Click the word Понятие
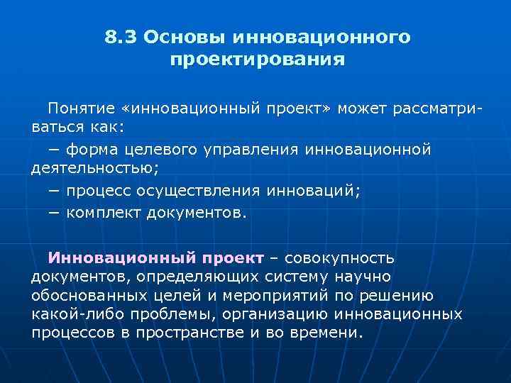point(82,109)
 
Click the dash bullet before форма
point(54,149)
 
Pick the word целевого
point(155,149)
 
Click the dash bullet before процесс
point(54,191)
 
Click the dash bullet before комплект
point(54,212)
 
